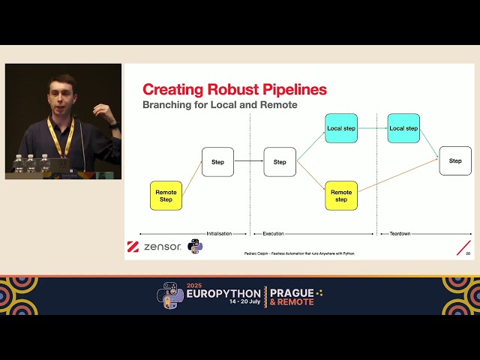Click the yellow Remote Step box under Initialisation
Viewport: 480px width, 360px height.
pos(166,196)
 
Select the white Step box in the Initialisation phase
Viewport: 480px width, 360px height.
pos(217,162)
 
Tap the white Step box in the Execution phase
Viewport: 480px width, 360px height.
pos(280,162)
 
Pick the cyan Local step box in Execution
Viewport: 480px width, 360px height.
pos(341,128)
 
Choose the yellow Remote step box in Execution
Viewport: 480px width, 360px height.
pos(341,196)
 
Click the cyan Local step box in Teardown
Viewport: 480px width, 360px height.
pos(403,128)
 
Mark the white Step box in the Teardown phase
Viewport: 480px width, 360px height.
pos(455,161)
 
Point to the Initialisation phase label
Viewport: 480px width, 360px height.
pos(220,234)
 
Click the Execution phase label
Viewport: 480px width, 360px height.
pos(273,234)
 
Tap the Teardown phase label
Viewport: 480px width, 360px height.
pos(400,234)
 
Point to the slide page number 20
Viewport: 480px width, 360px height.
pos(468,253)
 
